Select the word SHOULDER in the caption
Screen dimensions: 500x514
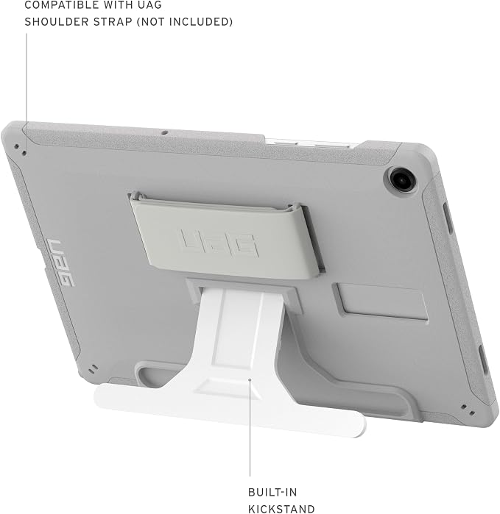click(57, 21)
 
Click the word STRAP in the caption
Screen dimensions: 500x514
click(113, 21)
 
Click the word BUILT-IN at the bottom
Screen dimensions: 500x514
click(272, 493)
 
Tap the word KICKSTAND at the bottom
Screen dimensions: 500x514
click(281, 509)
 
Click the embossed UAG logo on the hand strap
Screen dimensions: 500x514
click(217, 243)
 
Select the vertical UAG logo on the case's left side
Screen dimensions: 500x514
click(62, 263)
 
